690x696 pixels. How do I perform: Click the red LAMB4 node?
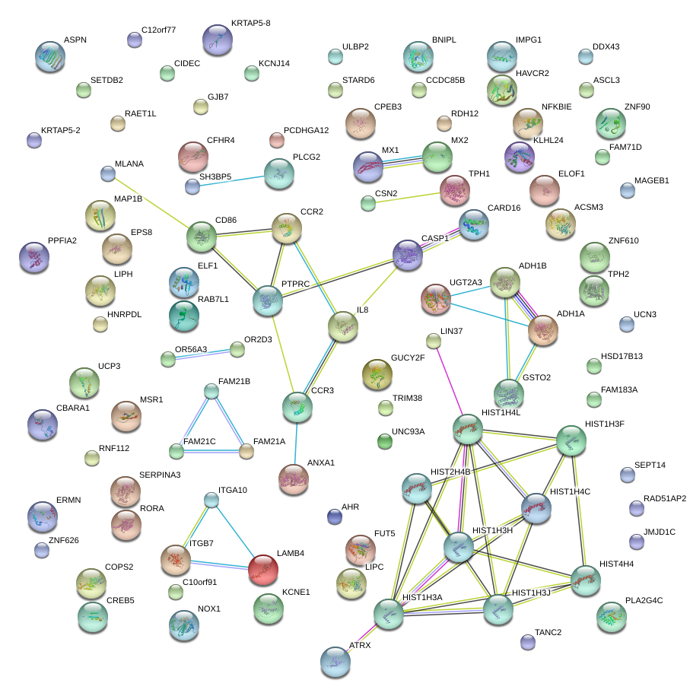(x=262, y=569)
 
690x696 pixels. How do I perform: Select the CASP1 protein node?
(x=408, y=256)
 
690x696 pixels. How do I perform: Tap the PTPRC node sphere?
(x=267, y=300)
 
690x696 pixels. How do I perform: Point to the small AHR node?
(x=333, y=517)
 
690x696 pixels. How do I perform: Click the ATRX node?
(x=335, y=661)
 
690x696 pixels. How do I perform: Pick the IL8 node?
(x=342, y=326)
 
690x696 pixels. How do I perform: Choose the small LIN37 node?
(x=433, y=342)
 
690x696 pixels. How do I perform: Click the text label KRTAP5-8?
(x=250, y=24)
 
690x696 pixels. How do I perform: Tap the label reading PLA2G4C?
(x=644, y=600)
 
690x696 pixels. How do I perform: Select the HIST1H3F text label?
(x=604, y=424)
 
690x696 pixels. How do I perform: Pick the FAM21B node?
(x=211, y=392)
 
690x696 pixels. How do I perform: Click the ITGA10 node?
(x=212, y=500)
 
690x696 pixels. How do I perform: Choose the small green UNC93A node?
(x=385, y=441)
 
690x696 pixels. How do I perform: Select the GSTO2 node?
(x=508, y=392)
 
